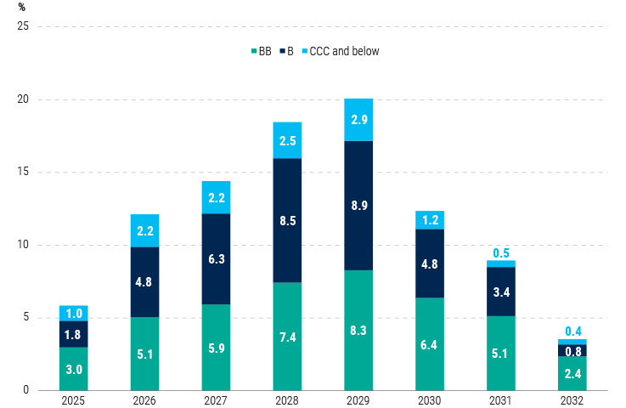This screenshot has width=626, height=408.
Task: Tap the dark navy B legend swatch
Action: [x=281, y=52]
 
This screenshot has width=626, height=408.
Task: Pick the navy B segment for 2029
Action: [x=358, y=206]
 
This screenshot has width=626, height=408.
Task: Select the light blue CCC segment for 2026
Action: [x=144, y=230]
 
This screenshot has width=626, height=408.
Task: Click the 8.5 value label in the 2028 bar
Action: [x=287, y=220]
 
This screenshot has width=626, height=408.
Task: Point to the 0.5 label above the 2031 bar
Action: [x=501, y=253]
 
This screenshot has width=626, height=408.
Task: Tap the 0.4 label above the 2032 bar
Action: [x=572, y=331]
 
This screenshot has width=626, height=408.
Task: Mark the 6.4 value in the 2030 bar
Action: [x=430, y=344]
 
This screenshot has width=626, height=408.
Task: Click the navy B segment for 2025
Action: [x=74, y=334]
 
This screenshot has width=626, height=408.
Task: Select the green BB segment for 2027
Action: [x=216, y=347]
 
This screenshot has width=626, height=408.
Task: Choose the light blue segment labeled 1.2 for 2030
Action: [x=430, y=220]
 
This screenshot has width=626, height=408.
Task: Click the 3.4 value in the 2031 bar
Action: [x=501, y=292]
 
